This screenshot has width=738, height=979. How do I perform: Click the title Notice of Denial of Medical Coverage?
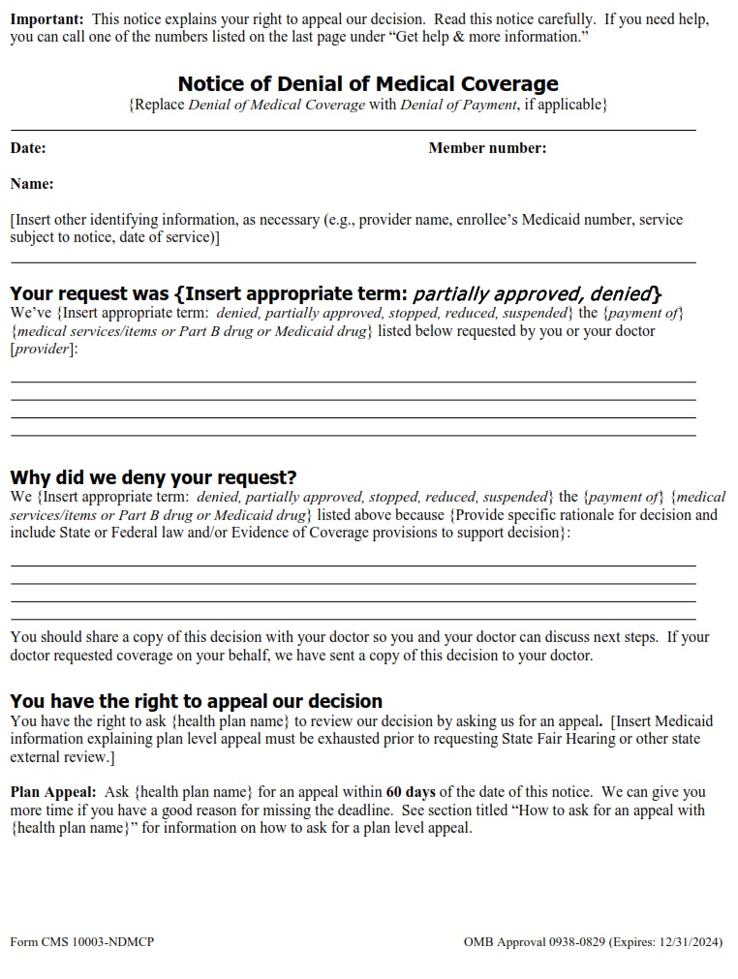[x=368, y=84]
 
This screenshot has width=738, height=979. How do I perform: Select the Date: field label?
[x=28, y=148]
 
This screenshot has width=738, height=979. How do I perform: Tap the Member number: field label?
[x=487, y=148]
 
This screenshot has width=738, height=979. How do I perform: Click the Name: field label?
[x=32, y=184]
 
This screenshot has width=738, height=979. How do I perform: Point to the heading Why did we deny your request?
[x=153, y=477]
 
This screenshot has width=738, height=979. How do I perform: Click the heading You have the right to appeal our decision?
[x=196, y=700]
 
